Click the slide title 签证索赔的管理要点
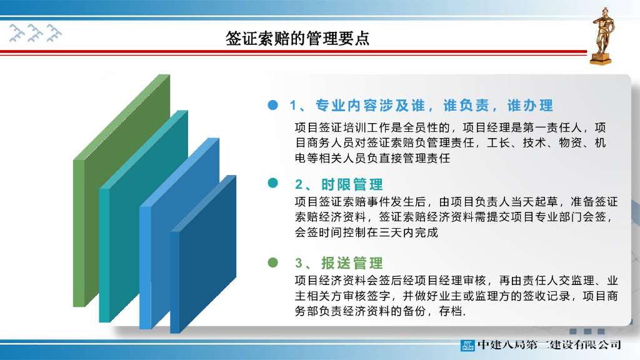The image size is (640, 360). (x=297, y=39)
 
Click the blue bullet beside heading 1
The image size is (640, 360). (x=272, y=106)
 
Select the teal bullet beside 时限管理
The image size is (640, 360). (x=272, y=183)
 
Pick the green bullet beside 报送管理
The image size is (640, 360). (x=272, y=262)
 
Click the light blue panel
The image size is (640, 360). (x=156, y=262)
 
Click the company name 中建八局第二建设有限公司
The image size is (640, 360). (x=549, y=344)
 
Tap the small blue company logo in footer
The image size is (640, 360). (x=467, y=344)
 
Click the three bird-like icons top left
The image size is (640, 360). (x=36, y=33)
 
